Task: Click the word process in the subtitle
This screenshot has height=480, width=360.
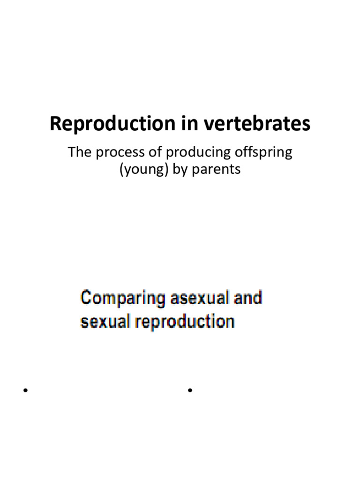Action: [112, 153]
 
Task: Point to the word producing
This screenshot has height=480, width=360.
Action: [184, 153]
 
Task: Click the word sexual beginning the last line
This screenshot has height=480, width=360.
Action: [100, 322]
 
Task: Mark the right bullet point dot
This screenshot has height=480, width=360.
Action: [190, 390]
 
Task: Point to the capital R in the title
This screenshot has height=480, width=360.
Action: [55, 125]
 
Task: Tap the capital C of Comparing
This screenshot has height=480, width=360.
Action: [86, 298]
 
